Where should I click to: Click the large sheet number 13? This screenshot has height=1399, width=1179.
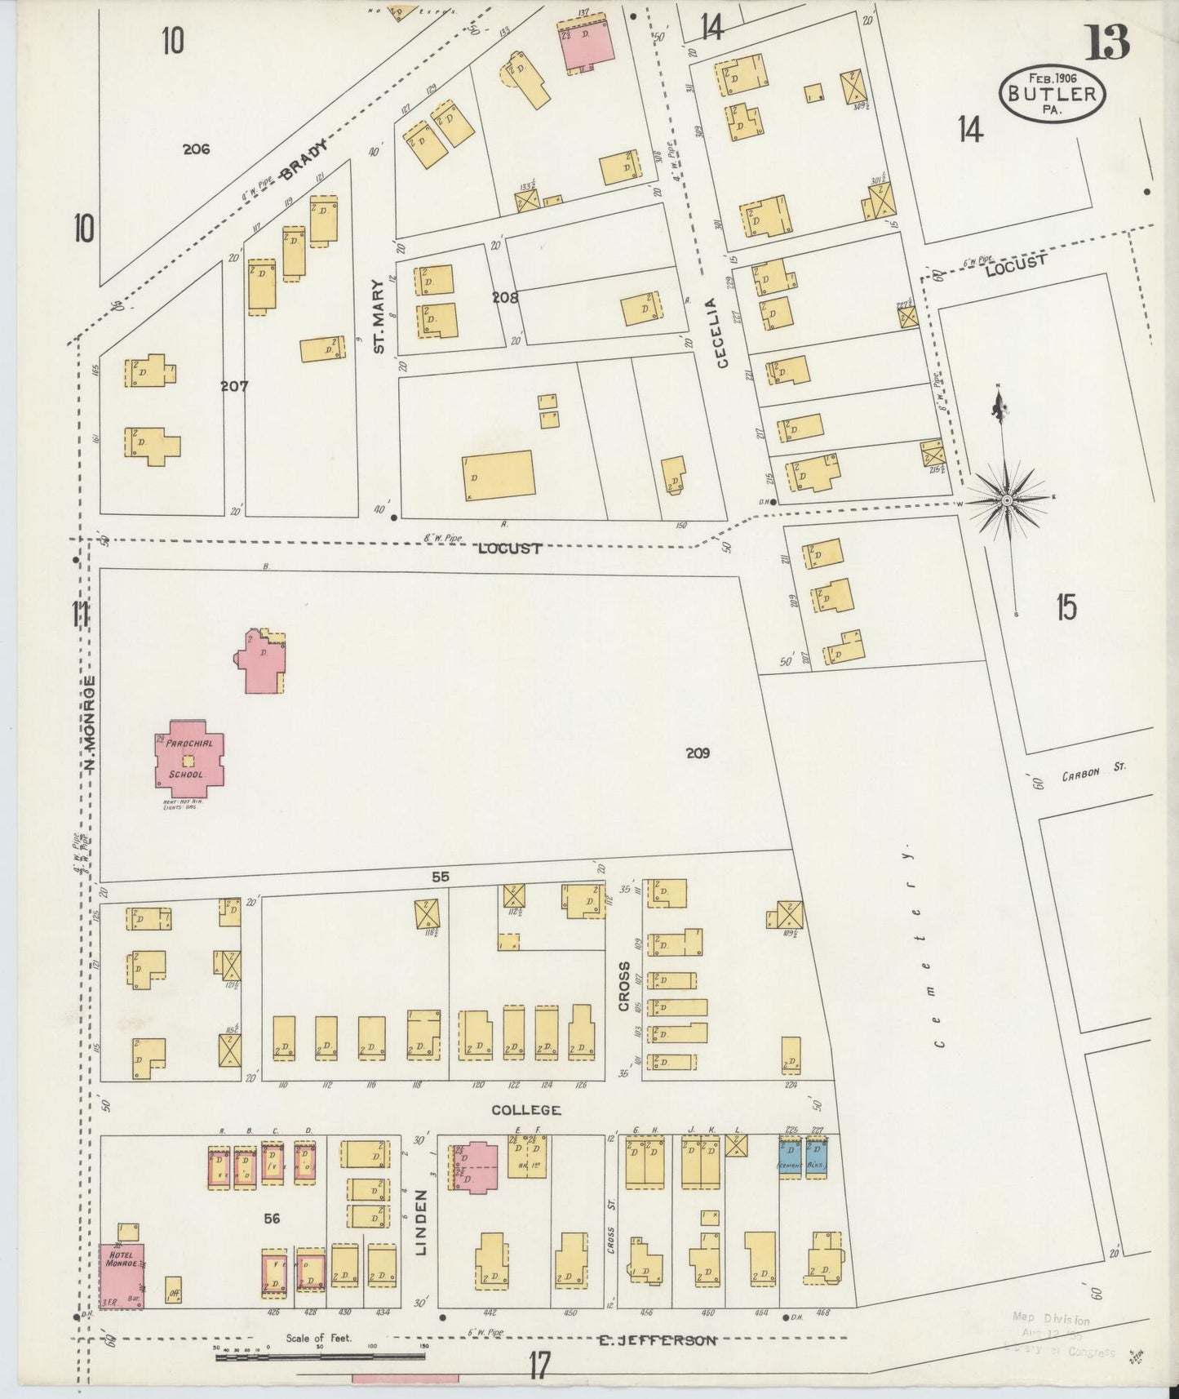point(1108,42)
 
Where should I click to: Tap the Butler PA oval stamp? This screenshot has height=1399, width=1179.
point(1052,93)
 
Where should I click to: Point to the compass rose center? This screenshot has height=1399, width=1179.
point(1007,499)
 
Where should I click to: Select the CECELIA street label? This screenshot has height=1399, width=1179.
point(721,333)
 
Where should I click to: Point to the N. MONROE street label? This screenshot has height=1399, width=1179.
point(91,724)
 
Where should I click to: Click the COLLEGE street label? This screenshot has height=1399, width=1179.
point(525,1110)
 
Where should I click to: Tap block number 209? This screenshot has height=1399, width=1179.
point(698,753)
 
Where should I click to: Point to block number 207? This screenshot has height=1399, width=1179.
point(234,385)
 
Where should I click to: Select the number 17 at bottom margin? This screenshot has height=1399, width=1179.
point(539,1365)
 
